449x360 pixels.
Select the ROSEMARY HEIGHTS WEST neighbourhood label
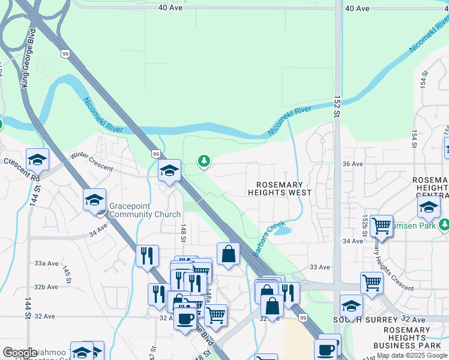pos(280,188)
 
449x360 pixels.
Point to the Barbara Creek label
pos(268,239)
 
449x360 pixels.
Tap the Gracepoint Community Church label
pos(144,210)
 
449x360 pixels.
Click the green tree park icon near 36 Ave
pos(205,160)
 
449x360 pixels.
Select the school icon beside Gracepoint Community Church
pos(94,200)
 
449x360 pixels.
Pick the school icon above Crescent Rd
pos(37,160)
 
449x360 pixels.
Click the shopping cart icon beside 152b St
pos(381,226)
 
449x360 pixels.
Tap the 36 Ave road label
pos(352,164)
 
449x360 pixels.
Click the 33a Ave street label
pos(46,263)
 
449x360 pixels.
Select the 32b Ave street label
pos(46,287)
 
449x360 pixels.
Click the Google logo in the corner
pos(20,353)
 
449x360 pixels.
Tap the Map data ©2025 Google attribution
pos(412,355)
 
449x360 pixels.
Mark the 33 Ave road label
pos(320,267)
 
